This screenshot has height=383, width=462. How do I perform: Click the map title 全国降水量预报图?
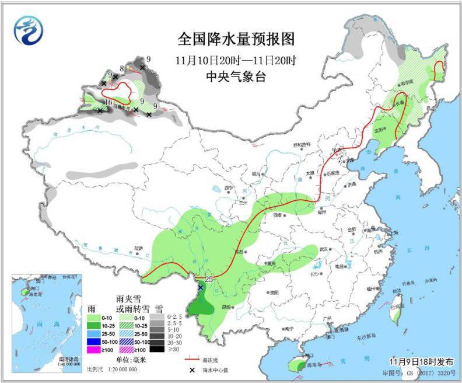click(x=236, y=39)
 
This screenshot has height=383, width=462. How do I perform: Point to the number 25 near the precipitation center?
click(x=208, y=278)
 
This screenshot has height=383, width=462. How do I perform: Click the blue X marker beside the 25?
click(x=201, y=287)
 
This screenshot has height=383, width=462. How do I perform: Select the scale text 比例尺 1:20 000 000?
click(x=112, y=369)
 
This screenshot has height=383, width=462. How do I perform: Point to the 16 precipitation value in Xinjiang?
click(x=107, y=103)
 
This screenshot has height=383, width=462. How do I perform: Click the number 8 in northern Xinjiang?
click(x=121, y=69)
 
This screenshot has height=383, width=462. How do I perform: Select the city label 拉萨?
click(x=138, y=248)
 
